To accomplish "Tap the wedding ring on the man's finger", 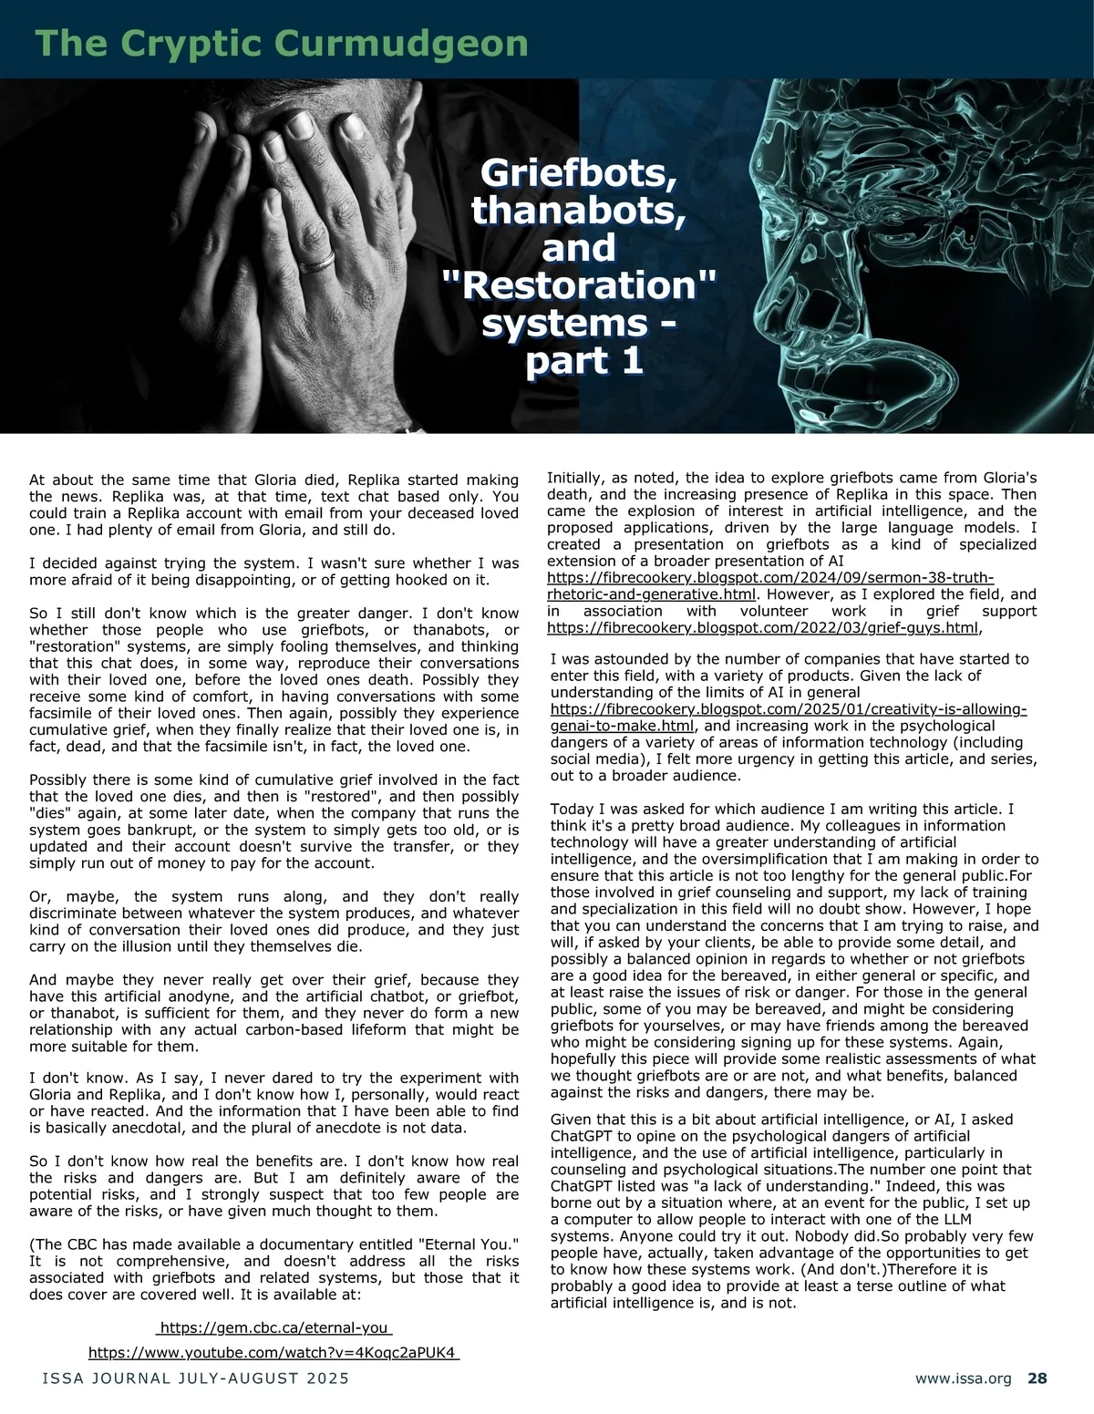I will click(316, 263).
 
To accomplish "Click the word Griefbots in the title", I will click(579, 172).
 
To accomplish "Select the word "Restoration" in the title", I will click(579, 286).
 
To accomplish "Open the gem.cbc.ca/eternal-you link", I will click(275, 1327).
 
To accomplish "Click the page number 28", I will click(1037, 1379).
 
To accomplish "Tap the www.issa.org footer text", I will click(963, 1379).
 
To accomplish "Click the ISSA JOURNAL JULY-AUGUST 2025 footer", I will click(195, 1379).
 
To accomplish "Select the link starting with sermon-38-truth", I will click(769, 586).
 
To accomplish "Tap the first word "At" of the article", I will click(38, 480).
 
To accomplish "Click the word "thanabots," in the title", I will click(579, 211).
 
